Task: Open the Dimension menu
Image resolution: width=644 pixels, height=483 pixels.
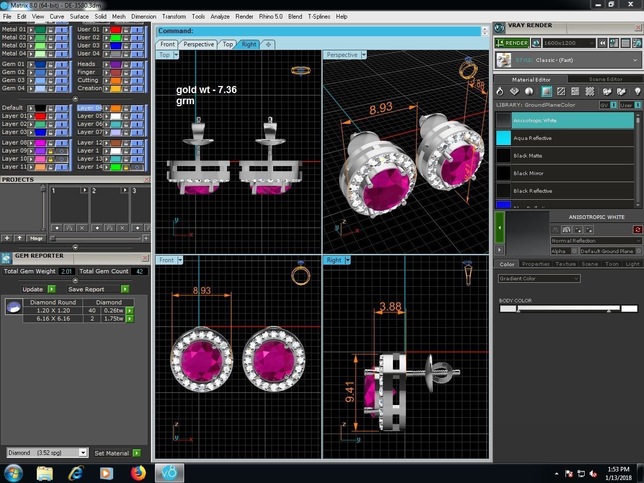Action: (x=143, y=17)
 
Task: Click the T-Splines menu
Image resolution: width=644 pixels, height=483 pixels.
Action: (x=319, y=17)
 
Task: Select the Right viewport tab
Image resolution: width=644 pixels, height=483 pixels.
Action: (x=249, y=44)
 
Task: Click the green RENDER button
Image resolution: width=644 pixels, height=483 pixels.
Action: (x=512, y=43)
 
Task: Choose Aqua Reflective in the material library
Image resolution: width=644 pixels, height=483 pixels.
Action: (x=532, y=138)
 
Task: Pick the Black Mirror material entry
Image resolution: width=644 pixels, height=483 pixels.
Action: (x=528, y=173)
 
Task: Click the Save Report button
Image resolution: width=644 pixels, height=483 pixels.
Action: (x=87, y=289)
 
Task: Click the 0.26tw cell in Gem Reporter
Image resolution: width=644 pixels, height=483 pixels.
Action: (x=113, y=310)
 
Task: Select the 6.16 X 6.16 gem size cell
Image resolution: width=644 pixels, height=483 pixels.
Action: (x=53, y=318)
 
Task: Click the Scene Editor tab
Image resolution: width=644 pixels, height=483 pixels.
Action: (x=605, y=79)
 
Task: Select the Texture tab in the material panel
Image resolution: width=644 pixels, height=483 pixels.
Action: (x=565, y=264)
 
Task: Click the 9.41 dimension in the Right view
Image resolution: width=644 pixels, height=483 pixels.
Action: (x=350, y=392)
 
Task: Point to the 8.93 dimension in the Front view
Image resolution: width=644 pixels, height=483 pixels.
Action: (x=202, y=290)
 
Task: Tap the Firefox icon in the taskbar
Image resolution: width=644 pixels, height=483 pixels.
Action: (x=138, y=473)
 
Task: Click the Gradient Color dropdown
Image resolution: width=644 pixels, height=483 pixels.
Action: (x=539, y=279)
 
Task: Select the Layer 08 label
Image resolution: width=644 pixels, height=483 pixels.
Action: (x=14, y=142)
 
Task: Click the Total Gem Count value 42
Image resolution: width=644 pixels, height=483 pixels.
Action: (x=139, y=271)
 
